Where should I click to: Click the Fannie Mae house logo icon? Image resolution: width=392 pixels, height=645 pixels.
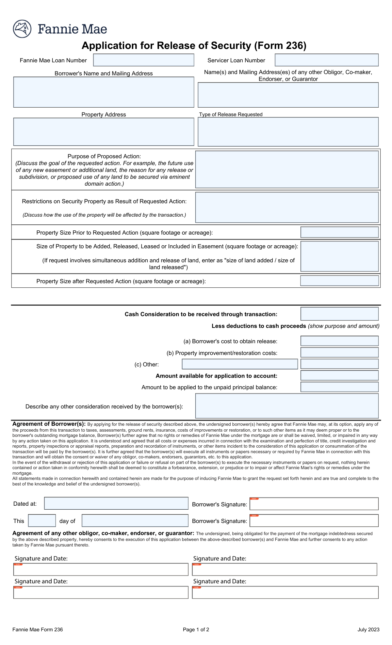tap(22, 29)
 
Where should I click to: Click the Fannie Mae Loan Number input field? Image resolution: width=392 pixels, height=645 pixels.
tap(144, 60)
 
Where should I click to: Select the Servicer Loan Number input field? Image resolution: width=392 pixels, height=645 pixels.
tap(327, 60)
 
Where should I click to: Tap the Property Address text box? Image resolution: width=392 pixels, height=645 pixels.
tap(104, 132)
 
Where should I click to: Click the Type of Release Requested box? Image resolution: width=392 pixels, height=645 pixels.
tap(288, 132)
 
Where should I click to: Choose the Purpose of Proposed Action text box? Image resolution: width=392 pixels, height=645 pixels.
tap(287, 169)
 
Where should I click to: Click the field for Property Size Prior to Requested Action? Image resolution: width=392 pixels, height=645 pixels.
tap(339, 232)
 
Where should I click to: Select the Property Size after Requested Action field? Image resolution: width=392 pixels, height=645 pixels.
tap(339, 281)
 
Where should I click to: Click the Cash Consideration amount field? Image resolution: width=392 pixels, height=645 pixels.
tap(339, 314)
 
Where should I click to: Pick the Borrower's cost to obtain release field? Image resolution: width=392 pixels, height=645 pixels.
tap(339, 341)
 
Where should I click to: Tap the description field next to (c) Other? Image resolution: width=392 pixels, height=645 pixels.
tap(240, 364)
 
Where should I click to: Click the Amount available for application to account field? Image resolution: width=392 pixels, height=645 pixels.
tap(339, 376)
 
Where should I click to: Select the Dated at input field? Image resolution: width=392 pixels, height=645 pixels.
tap(116, 503)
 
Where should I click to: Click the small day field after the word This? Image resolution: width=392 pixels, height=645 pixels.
tap(42, 521)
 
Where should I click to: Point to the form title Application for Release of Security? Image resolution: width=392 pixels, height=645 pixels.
tap(194, 45)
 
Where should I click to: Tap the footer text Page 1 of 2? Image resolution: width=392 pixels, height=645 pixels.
tap(196, 630)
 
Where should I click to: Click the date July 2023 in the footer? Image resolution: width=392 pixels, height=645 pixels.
tap(368, 630)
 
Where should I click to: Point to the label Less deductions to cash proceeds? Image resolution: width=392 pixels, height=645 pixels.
tap(259, 326)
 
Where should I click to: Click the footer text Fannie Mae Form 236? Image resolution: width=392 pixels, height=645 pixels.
tap(38, 630)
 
